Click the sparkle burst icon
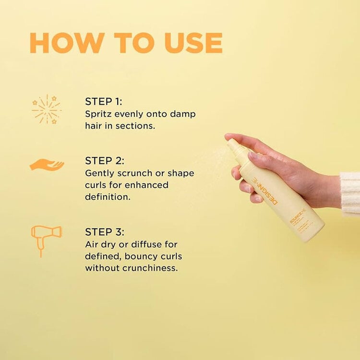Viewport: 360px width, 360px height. [x=47, y=109]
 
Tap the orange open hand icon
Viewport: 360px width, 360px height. [x=47, y=165]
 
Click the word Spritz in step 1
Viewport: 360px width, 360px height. [x=98, y=114]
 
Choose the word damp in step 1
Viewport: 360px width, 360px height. [x=183, y=114]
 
